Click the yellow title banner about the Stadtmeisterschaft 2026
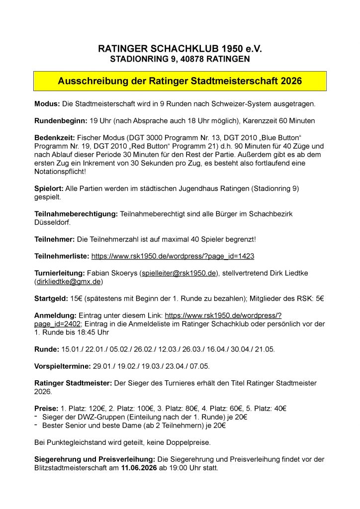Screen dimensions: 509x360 coord(180,81)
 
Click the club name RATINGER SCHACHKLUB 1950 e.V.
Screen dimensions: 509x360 coord(180,49)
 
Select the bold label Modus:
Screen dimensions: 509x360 coord(47,104)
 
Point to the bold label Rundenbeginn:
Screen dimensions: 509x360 coord(61,121)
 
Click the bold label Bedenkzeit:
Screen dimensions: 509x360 coord(55,138)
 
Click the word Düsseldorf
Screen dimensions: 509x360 coord(52,222)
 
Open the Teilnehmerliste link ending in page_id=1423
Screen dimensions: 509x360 coord(173,256)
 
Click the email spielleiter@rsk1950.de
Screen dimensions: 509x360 coord(179,273)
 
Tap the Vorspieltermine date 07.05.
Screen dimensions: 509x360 coord(199,366)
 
